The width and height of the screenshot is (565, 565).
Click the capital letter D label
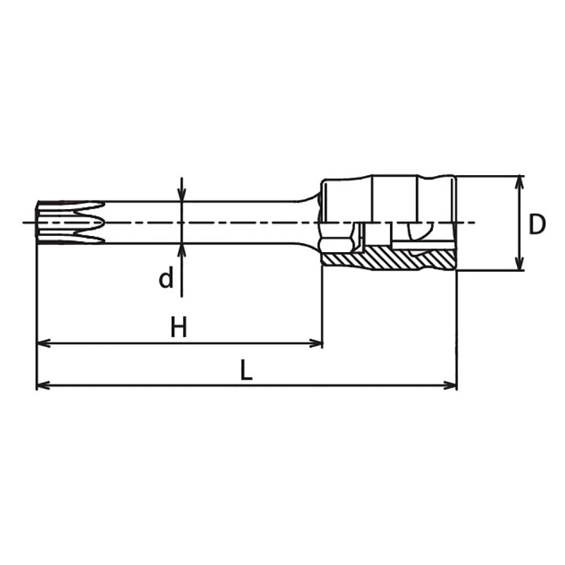point(537,225)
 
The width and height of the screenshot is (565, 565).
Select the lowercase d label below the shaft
point(165,279)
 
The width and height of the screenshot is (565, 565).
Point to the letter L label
point(246,370)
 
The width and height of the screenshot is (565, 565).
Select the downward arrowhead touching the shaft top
point(182,195)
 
